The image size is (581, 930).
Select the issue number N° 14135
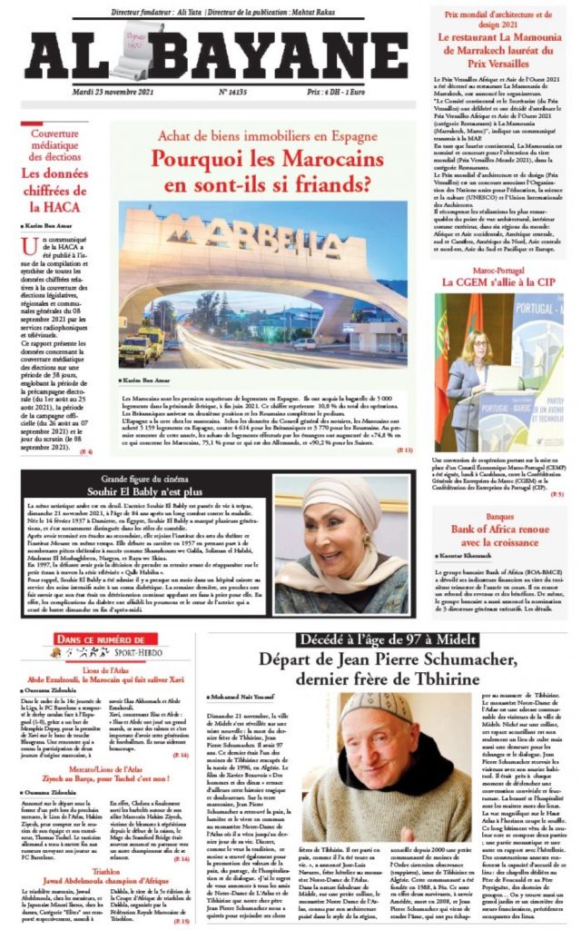pos(235,92)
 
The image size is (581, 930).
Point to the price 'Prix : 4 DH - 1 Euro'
pos(355,92)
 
